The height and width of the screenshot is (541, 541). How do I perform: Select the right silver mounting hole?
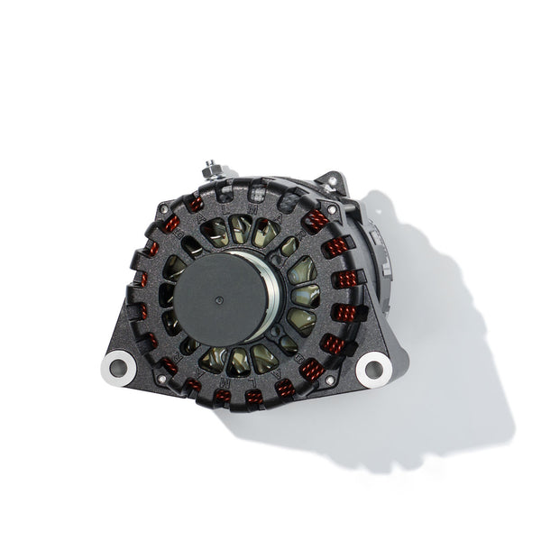click(x=371, y=368)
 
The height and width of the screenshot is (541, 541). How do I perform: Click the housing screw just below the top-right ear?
click(x=334, y=209)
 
